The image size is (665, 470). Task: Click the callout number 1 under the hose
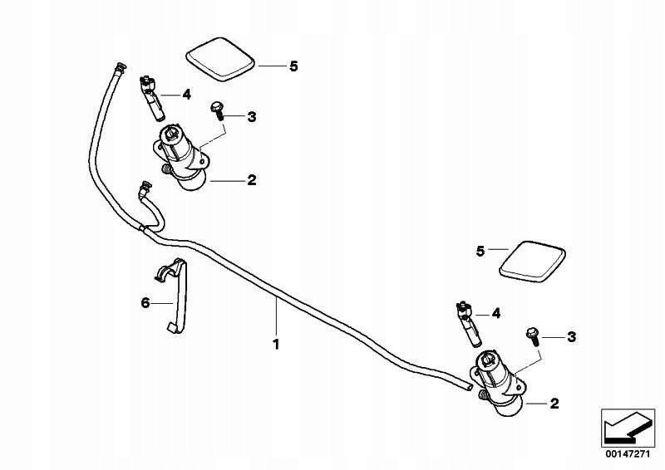pyautogui.click(x=276, y=344)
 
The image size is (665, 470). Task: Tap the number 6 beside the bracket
pyautogui.click(x=145, y=303)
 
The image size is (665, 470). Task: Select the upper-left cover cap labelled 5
pyautogui.click(x=220, y=59)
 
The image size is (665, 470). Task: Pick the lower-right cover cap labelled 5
pyautogui.click(x=533, y=262)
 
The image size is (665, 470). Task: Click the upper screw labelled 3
pyautogui.click(x=217, y=110)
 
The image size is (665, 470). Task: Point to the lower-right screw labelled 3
pyautogui.click(x=533, y=337)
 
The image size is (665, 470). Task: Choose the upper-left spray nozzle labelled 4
pyautogui.click(x=151, y=97)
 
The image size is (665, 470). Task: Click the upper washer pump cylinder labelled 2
pyautogui.click(x=181, y=158)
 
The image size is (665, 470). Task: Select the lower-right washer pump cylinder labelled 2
pyautogui.click(x=498, y=383)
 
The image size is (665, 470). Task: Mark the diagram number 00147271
pyautogui.click(x=628, y=454)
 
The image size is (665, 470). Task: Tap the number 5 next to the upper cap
pyautogui.click(x=293, y=66)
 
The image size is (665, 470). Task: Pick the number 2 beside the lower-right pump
pyautogui.click(x=554, y=404)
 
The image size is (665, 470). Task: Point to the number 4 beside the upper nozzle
pyautogui.click(x=186, y=95)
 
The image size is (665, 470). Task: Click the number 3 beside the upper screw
pyautogui.click(x=252, y=116)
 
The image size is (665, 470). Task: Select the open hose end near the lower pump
pyautogui.click(x=469, y=387)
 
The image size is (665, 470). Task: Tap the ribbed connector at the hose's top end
pyautogui.click(x=120, y=67)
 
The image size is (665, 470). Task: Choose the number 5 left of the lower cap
pyautogui.click(x=480, y=252)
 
